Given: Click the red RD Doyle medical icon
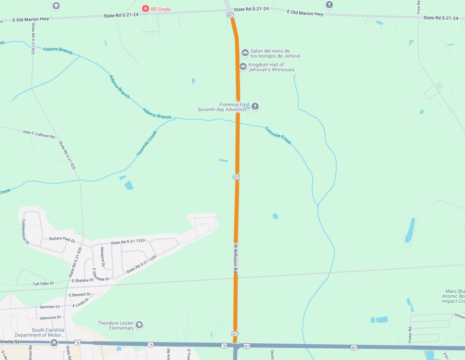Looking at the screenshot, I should [145, 9].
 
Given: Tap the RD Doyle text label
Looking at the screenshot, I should [161, 9].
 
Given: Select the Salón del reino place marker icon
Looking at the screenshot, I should [245, 52].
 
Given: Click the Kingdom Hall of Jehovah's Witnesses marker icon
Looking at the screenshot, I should [243, 67].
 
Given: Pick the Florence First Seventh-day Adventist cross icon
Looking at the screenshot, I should [255, 106].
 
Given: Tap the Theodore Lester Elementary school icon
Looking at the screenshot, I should [139, 325].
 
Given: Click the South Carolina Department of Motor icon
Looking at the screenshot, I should [54, 343].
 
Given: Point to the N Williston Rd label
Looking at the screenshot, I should [235, 259].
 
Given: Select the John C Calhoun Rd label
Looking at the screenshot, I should [38, 134].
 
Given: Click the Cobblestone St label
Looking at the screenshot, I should [25, 231].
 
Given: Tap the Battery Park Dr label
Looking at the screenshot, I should [62, 239].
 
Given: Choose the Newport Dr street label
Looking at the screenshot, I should [102, 257].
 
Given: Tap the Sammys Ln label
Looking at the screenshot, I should [50, 307].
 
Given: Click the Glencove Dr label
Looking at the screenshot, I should [50, 317].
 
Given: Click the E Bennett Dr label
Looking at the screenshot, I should [79, 295].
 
